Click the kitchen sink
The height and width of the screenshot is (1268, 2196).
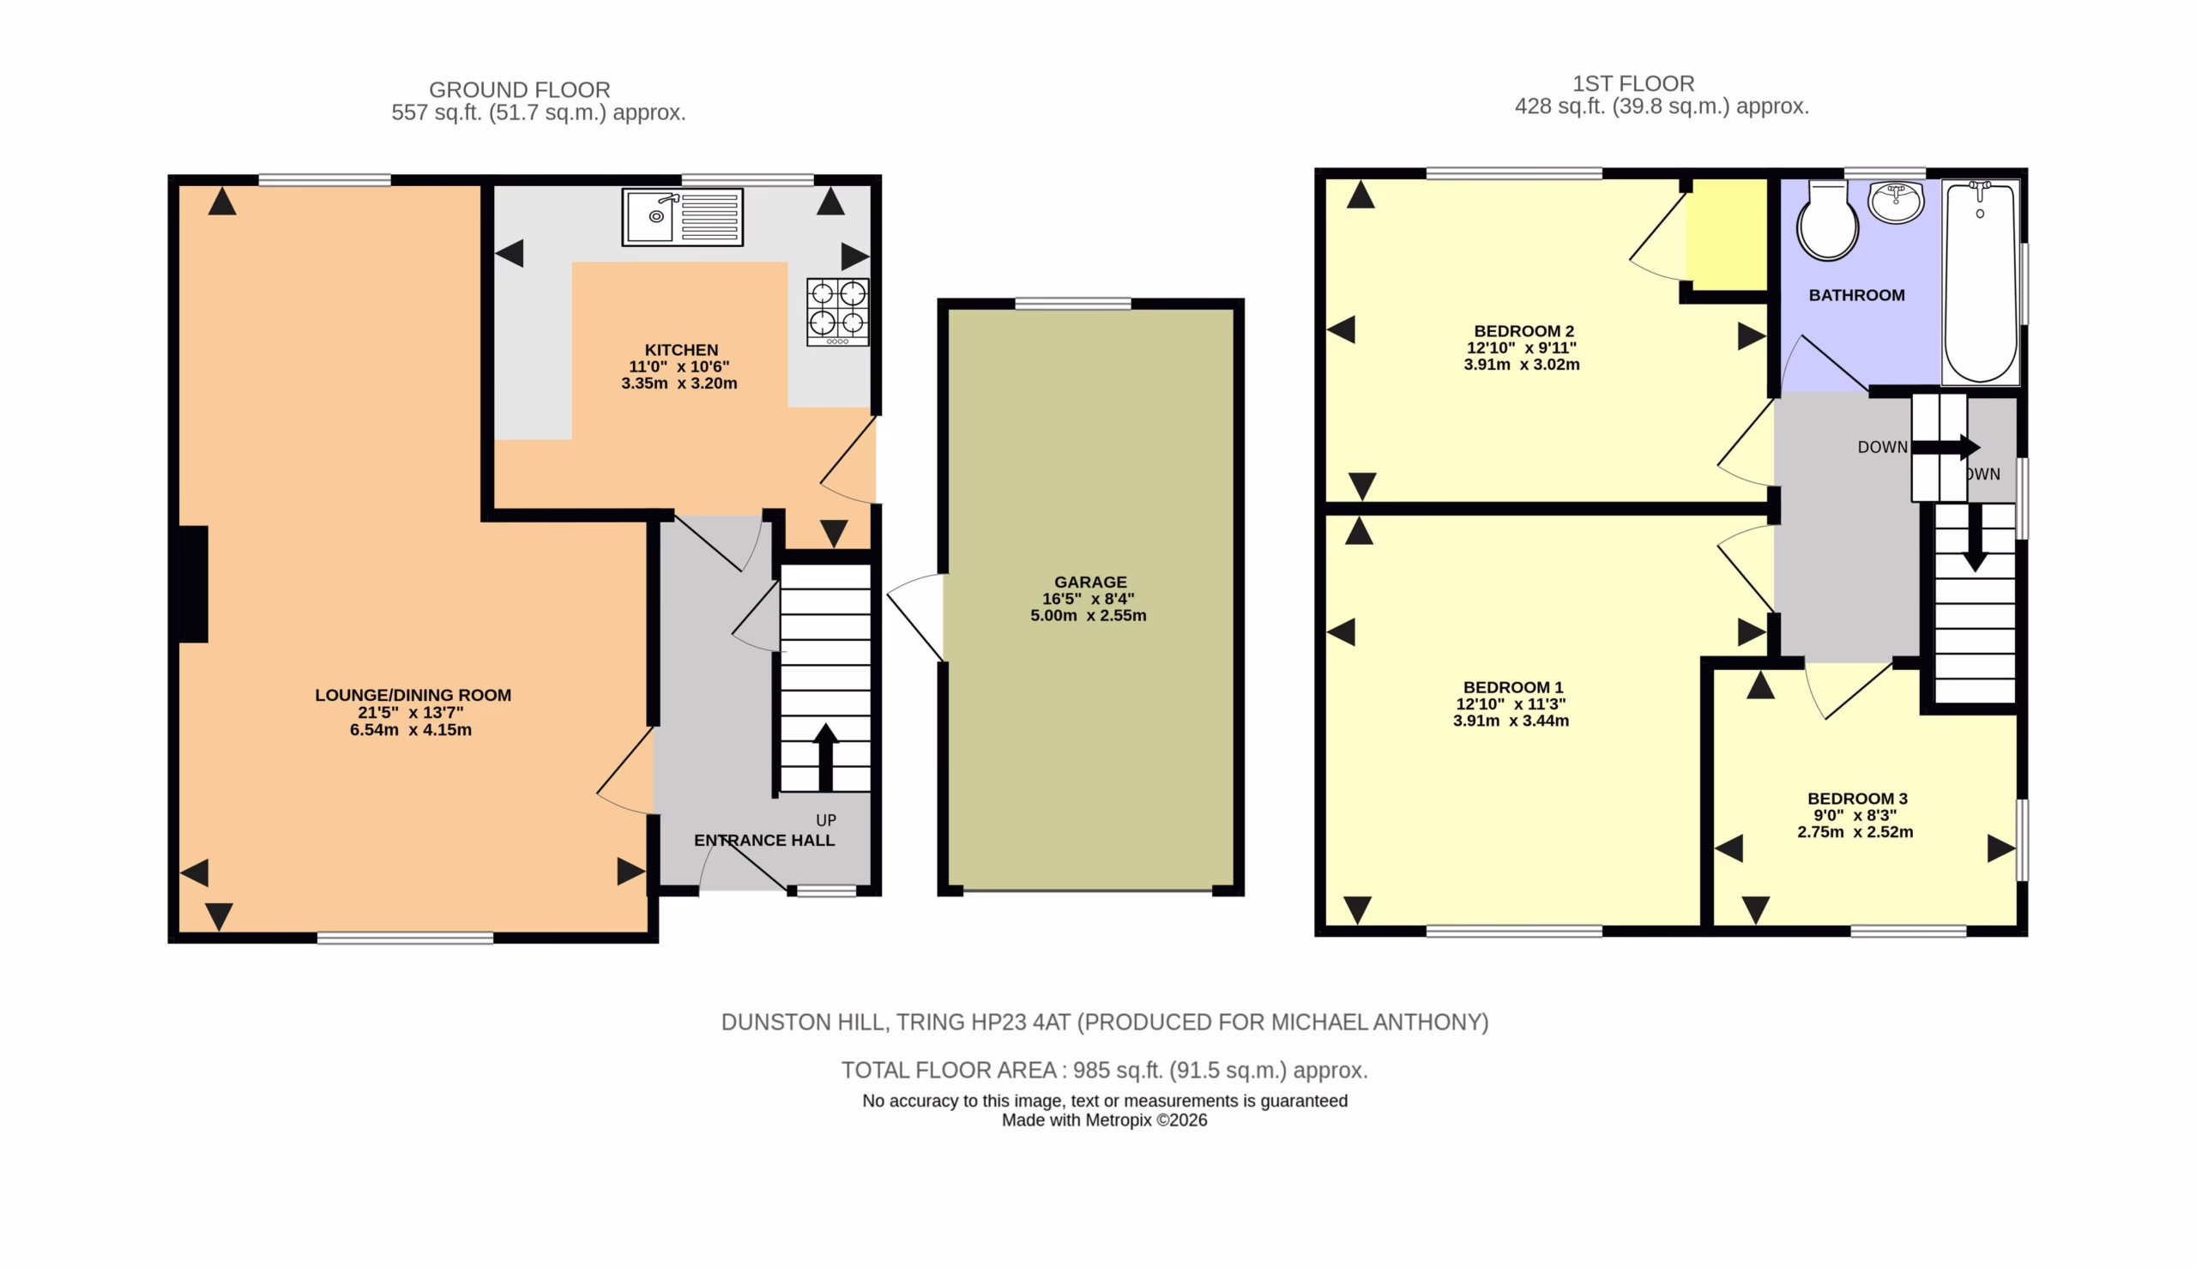point(682,217)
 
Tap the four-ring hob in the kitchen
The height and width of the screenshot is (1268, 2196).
point(836,311)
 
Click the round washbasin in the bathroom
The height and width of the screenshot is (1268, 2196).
point(1896,202)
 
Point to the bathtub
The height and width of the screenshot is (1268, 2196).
point(1980,282)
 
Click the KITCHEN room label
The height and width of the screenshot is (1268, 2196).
point(681,349)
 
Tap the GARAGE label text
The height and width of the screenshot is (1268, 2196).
point(1090,582)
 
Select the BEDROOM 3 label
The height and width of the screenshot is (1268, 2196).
point(1857,799)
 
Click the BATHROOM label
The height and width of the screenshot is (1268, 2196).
point(1856,295)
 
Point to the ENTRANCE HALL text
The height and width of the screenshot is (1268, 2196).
point(763,841)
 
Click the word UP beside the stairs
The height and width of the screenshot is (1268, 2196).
point(825,820)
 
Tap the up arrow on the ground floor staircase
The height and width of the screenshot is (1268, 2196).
point(825,757)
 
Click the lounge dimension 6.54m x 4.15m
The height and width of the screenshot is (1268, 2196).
point(410,730)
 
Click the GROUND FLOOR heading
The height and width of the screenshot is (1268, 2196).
point(519,90)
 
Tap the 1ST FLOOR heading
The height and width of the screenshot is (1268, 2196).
point(1632,83)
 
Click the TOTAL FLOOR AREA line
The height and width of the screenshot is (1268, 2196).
point(1104,1071)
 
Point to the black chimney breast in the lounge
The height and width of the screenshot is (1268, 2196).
point(193,584)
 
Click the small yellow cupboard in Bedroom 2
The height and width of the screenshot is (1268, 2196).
point(1727,234)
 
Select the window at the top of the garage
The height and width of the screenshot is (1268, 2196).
point(1073,303)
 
